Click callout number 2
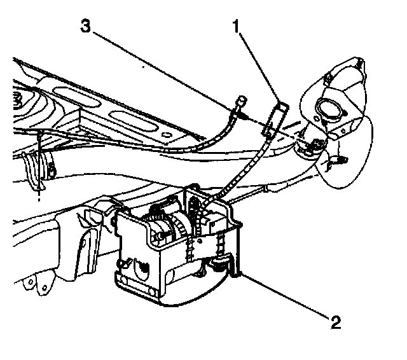pos(336,322)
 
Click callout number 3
pos(86,26)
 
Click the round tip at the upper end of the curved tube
pos(241,99)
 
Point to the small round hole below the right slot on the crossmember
pos(166,135)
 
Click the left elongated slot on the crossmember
pos(76,96)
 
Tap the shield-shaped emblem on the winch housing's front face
pos(142,268)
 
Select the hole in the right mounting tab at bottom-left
pos(45,287)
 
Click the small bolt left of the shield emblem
pos(123,263)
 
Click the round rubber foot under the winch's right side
pos(219,265)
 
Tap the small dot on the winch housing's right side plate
pos(200,242)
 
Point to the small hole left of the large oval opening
pos(317,119)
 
